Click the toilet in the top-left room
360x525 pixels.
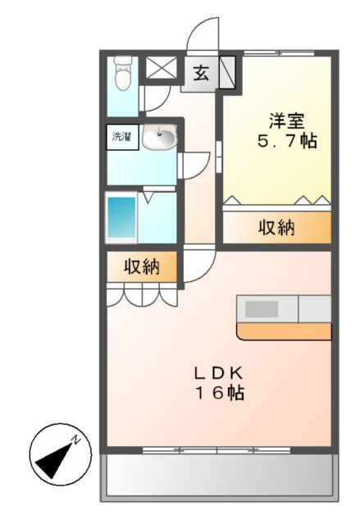[x=123, y=75]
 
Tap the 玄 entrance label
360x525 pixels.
[x=201, y=72]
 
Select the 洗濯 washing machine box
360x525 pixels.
[x=121, y=137]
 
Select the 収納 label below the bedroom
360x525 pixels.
[x=276, y=227]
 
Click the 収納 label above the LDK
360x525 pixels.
[x=141, y=266]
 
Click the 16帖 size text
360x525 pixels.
[x=217, y=393]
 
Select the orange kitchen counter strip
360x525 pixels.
[x=284, y=331]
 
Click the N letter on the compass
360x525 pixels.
[x=75, y=441]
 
